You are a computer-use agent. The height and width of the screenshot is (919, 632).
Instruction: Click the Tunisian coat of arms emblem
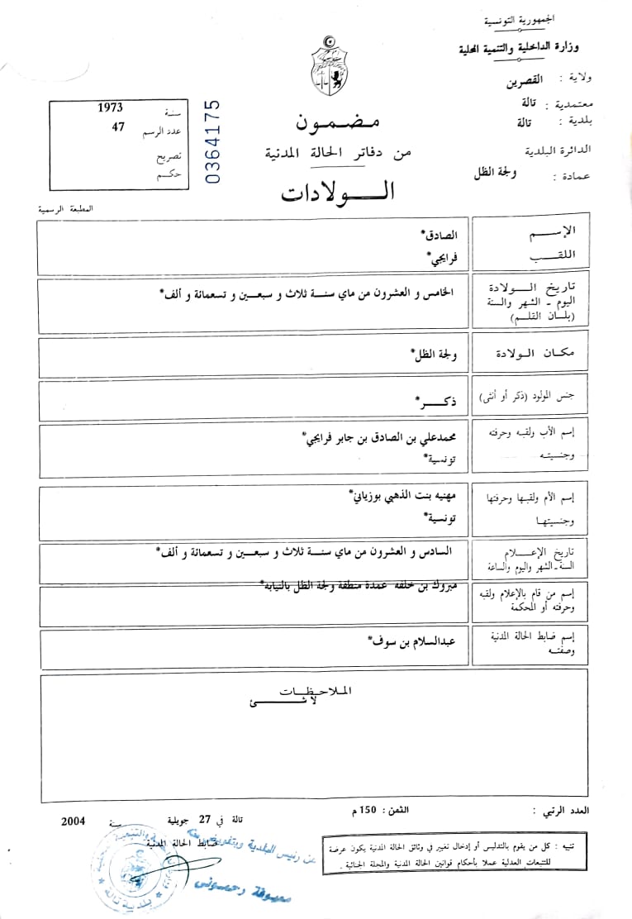[329, 67]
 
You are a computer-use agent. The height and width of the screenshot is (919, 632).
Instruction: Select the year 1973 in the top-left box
[110, 108]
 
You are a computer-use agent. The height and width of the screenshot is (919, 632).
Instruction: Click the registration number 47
[117, 128]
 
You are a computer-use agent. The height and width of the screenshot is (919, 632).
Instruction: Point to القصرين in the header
[525, 82]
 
